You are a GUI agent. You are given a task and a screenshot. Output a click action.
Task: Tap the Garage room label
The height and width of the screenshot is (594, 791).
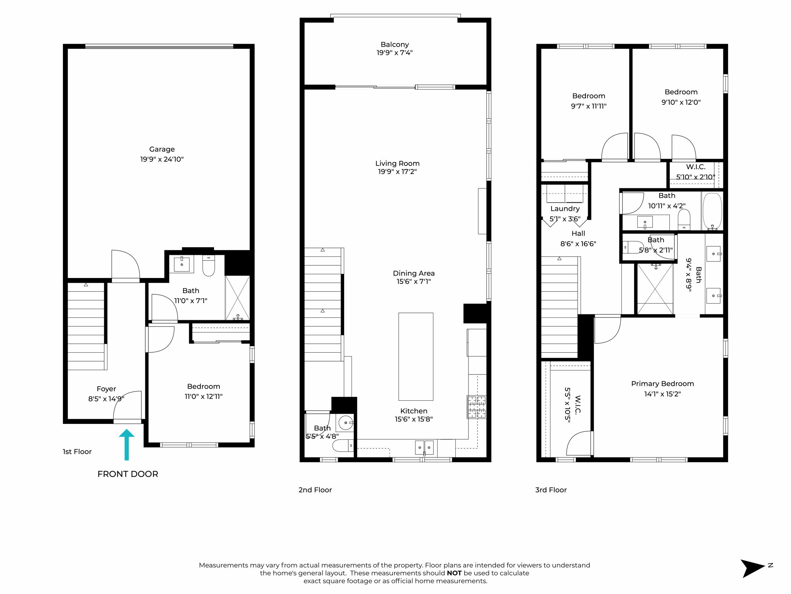coord(162,149)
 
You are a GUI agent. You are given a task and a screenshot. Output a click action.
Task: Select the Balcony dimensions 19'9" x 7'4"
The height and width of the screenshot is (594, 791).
coord(394,53)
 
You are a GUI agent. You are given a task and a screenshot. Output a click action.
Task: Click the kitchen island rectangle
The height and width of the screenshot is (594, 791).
coord(416,356)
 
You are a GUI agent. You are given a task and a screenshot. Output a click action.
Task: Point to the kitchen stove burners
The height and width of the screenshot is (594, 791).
coord(476,406)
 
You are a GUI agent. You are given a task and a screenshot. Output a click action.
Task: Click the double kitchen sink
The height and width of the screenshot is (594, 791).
coord(424,447)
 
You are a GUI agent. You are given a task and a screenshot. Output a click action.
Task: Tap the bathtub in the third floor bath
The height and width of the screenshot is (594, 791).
coord(712,211)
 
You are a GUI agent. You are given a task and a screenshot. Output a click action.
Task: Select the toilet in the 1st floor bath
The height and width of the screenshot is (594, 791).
coord(209,265)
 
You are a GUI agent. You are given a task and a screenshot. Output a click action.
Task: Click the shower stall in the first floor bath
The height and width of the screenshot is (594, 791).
coord(237,297)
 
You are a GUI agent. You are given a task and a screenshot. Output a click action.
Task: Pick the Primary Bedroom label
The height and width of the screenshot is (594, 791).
coord(662,384)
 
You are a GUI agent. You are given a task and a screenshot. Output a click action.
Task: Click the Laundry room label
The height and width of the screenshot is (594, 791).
coord(565,209)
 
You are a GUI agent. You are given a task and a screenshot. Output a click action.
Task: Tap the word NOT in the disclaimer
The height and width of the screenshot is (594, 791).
coord(454,573)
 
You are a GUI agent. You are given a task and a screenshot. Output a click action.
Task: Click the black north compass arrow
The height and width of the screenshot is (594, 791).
coord(752,568)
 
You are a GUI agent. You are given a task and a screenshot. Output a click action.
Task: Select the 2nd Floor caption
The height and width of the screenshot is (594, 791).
coord(315,490)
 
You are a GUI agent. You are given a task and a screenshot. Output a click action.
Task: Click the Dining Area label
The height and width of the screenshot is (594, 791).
coord(414,273)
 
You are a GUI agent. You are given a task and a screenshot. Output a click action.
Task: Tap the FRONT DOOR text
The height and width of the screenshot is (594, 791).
coord(127,474)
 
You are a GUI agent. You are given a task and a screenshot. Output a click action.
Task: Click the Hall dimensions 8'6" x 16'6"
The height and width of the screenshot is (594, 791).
coord(578,244)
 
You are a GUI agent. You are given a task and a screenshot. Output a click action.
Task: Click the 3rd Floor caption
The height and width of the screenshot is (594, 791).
coord(551,490)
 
